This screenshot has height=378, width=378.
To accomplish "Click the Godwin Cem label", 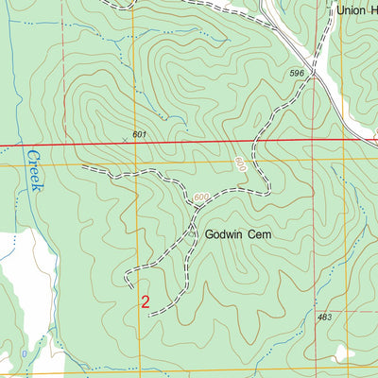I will (232, 232).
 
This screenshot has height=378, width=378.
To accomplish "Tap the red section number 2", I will (145, 302).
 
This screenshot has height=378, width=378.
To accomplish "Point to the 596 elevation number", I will (297, 72).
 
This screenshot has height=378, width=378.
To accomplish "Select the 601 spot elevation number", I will (140, 135).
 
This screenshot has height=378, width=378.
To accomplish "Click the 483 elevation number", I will (325, 318).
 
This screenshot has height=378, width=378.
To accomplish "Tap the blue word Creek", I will (35, 171).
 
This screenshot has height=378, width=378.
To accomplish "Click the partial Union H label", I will (357, 11).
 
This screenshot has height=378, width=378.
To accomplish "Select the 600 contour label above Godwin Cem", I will (199, 198).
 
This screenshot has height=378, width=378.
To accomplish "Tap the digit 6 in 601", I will (135, 135).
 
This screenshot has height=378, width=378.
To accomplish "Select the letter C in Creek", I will (32, 153).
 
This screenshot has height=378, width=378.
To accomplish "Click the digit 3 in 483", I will (330, 318).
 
